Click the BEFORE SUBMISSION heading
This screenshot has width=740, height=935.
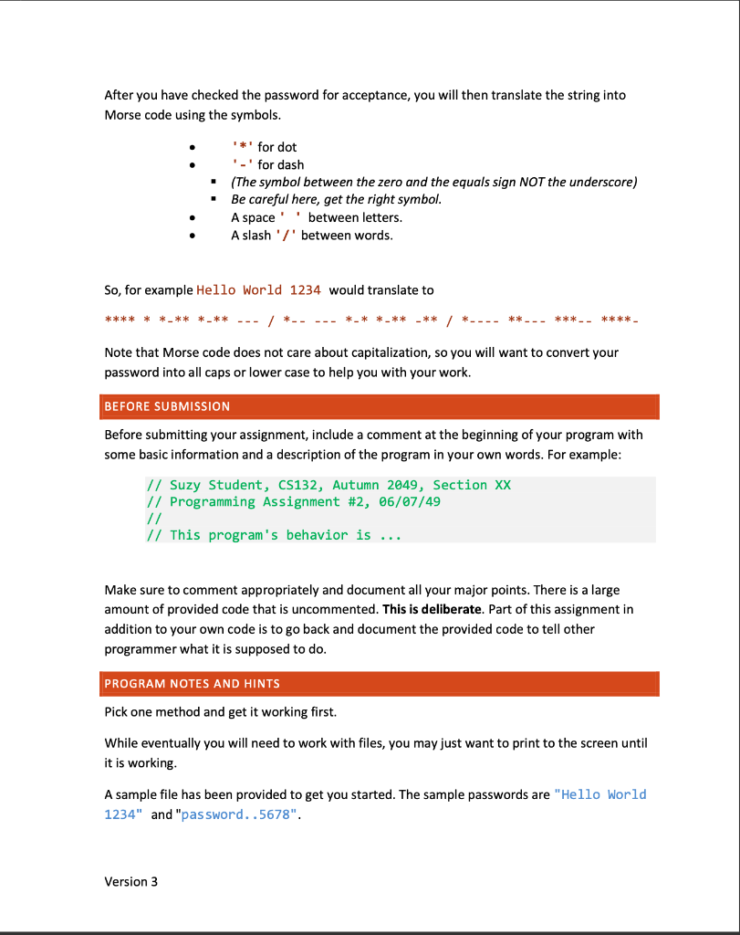click(167, 406)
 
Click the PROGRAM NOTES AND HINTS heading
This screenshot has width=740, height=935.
click(192, 684)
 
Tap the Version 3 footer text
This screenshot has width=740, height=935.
click(131, 882)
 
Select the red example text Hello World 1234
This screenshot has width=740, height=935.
click(258, 290)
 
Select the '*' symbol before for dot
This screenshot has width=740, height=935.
click(243, 147)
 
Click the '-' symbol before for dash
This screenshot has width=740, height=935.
click(243, 165)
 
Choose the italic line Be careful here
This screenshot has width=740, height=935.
click(336, 199)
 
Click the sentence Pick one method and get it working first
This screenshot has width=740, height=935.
click(221, 712)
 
